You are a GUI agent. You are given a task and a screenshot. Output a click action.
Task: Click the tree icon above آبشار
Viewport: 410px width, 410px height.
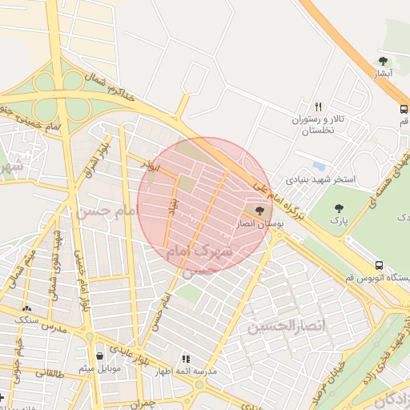383,61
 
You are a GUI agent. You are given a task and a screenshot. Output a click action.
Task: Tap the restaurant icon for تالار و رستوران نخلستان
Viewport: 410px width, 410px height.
318,107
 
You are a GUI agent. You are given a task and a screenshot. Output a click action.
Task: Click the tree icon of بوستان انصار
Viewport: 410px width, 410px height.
259,211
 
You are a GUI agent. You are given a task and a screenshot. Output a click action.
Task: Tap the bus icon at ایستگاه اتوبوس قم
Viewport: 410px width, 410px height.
379,266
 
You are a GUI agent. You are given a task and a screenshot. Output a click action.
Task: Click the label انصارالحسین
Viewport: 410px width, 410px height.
276,327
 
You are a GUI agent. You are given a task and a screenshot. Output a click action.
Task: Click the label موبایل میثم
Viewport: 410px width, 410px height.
99,369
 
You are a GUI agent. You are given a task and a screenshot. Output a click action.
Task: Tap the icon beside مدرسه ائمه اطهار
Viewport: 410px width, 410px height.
186,360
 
